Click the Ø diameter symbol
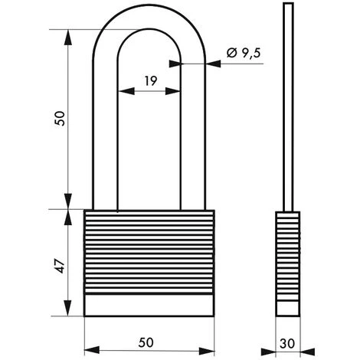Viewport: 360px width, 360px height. (232, 53)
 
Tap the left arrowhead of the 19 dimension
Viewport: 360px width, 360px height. (121, 91)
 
